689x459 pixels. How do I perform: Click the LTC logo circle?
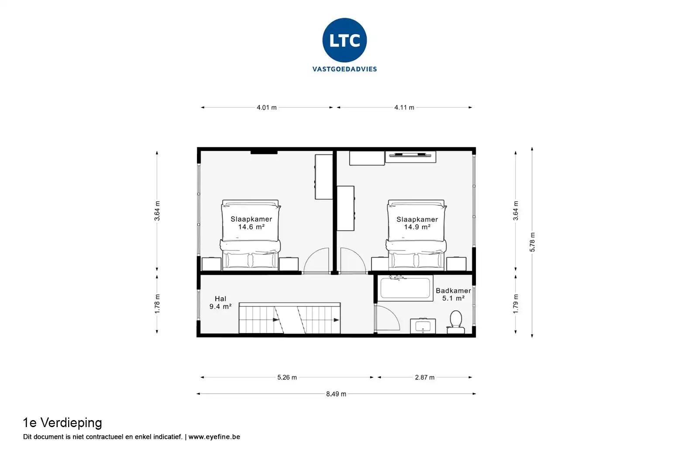point(344,40)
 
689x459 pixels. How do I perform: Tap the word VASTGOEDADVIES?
point(344,69)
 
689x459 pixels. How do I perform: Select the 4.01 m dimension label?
point(267,108)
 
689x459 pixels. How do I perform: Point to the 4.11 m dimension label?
point(404,108)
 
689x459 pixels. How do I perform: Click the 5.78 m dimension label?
point(532,242)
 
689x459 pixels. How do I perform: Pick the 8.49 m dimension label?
point(336,394)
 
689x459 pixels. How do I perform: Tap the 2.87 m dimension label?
point(425,377)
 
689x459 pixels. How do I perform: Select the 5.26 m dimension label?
point(287,377)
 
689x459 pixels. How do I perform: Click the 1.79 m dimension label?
point(516,304)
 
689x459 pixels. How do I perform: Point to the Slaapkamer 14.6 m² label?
point(251,223)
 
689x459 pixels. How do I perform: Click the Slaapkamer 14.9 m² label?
point(417,223)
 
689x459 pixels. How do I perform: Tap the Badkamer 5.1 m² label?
point(453,295)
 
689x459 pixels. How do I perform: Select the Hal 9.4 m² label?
point(220,303)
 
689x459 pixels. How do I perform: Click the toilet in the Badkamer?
point(456,322)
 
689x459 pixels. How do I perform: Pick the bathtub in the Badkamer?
point(405,288)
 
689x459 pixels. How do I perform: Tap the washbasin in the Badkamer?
point(423,326)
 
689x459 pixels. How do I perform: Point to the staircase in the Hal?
point(289,318)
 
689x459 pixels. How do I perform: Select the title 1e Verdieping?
point(62,423)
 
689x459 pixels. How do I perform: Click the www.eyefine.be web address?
point(214,437)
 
